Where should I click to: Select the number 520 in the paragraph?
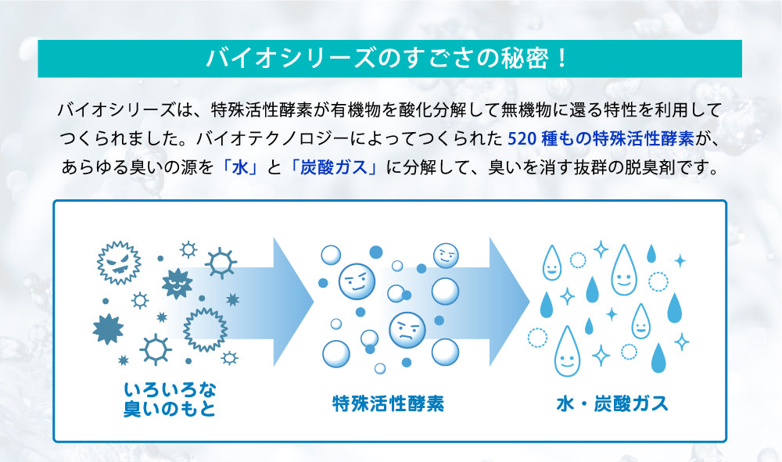522,138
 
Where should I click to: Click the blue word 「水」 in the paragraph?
240,167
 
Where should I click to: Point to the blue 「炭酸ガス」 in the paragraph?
334,167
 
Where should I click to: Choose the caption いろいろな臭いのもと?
170,399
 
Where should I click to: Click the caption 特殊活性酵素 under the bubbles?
388,403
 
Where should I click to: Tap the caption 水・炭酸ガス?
612,403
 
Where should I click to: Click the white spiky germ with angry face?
119,263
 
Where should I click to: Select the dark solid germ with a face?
177,284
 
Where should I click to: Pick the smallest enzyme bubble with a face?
446,256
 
